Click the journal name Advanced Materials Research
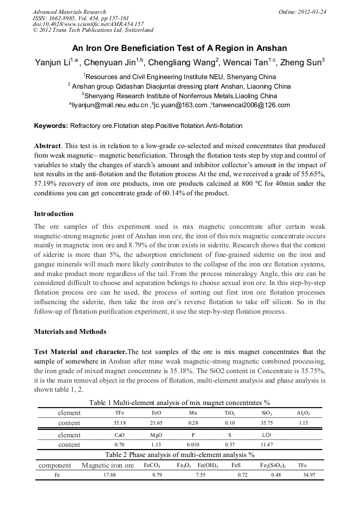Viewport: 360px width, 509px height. [x=69, y=11]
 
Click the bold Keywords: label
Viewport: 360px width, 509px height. [x=51, y=126]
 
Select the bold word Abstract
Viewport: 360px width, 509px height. [x=47, y=145]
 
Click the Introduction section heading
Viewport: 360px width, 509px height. [x=54, y=214]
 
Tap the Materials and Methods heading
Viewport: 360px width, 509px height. [x=70, y=332]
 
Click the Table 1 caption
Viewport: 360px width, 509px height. [x=180, y=402]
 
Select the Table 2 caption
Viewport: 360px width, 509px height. [x=180, y=455]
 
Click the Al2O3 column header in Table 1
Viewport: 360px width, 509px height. [x=303, y=413]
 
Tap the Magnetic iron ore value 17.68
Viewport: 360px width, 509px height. [x=109, y=476]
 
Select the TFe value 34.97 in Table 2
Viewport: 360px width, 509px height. [x=308, y=476]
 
